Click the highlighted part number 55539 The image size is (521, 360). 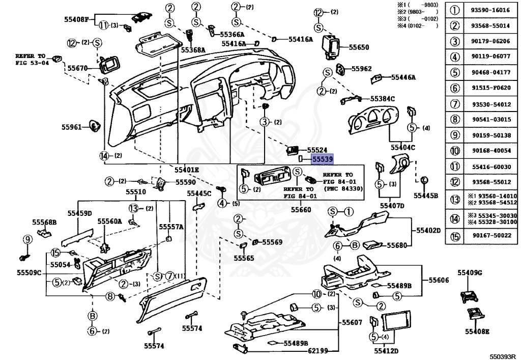tap(323, 159)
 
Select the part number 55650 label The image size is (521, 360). tap(359, 47)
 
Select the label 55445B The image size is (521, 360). tap(425, 195)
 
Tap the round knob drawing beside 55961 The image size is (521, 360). tap(93, 125)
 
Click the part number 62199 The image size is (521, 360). tap(318, 351)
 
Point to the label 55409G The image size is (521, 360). tap(469, 273)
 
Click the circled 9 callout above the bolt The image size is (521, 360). tap(27, 239)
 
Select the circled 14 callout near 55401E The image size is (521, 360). tap(105, 156)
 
